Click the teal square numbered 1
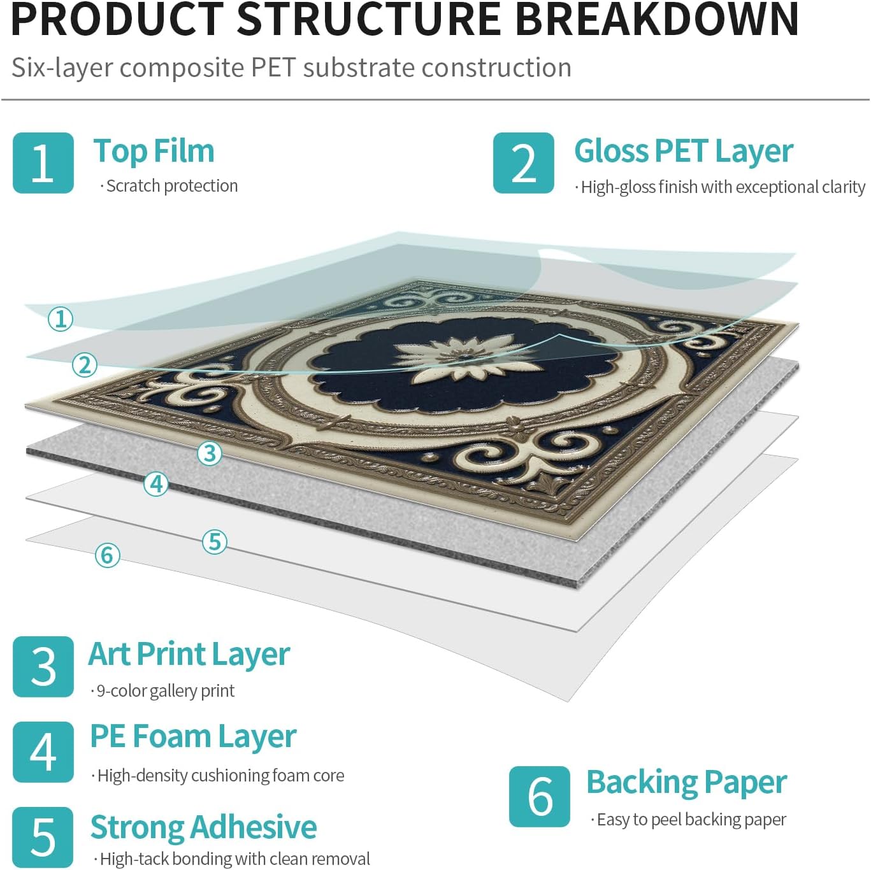(x=43, y=162)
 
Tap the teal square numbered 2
(x=523, y=162)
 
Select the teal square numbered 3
(x=43, y=667)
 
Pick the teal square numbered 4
(x=43, y=752)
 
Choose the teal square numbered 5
(x=43, y=837)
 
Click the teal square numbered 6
(x=540, y=796)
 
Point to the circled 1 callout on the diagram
(x=61, y=320)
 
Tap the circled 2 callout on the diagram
(x=85, y=365)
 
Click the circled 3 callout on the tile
(x=210, y=453)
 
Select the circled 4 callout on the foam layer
(x=156, y=485)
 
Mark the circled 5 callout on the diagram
(x=214, y=542)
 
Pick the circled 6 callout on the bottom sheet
(x=108, y=555)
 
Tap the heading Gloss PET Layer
(x=684, y=152)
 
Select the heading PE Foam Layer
(x=193, y=737)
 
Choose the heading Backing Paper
(x=687, y=783)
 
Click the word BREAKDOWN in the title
(x=657, y=20)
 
